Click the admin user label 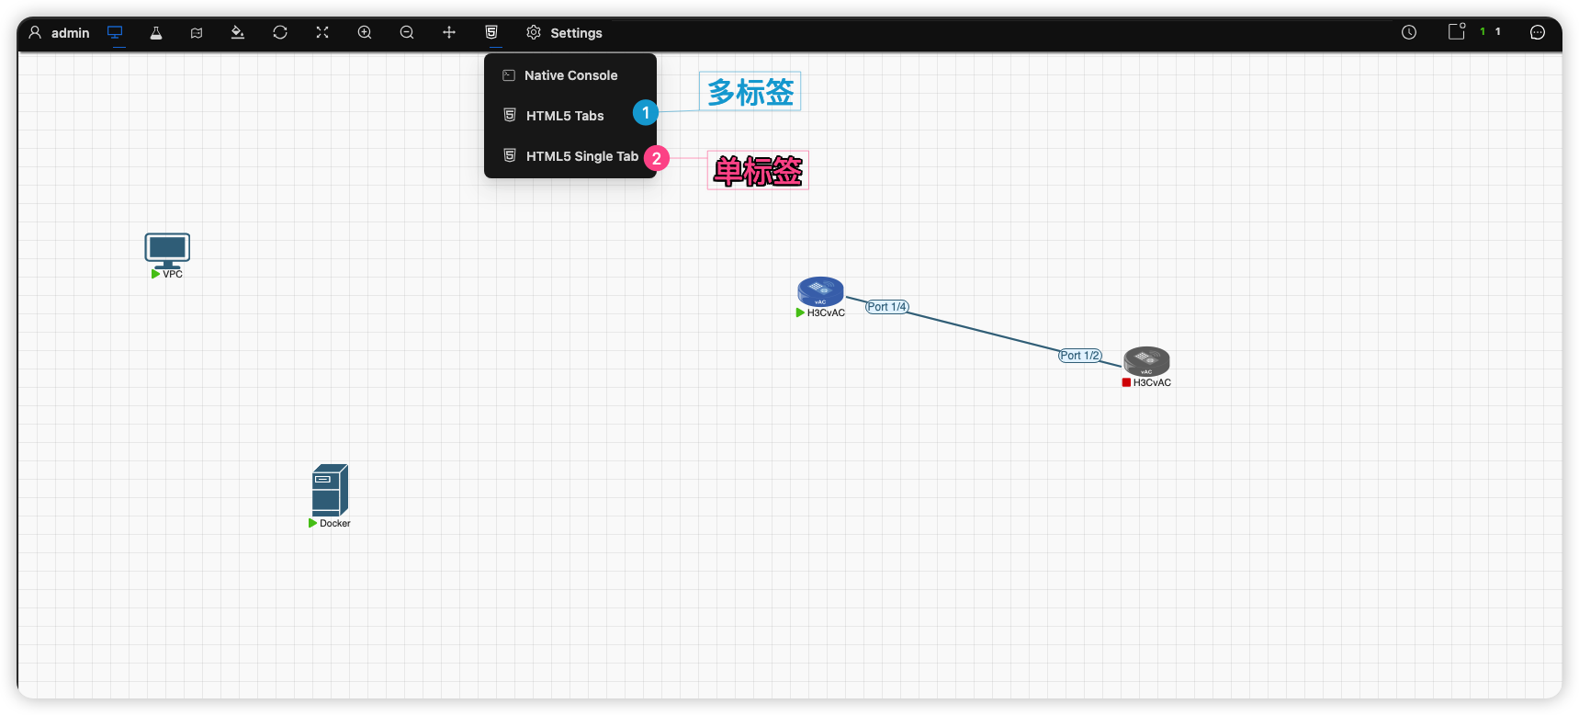point(71,33)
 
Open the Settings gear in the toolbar point(534,33)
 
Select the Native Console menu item point(570,75)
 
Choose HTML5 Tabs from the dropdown point(565,116)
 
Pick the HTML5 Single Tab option point(582,156)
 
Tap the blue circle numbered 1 point(646,113)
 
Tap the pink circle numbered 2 point(657,159)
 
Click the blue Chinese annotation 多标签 point(750,92)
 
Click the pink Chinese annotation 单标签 point(758,171)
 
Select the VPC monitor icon point(167,250)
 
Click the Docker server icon point(330,490)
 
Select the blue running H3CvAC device point(820,291)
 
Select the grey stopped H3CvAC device point(1146,361)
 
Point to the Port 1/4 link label point(887,307)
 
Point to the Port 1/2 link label point(1080,356)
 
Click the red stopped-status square point(1126,382)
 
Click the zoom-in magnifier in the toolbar point(365,33)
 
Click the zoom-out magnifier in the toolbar point(407,33)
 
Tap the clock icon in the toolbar point(1409,32)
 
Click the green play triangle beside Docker point(312,523)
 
